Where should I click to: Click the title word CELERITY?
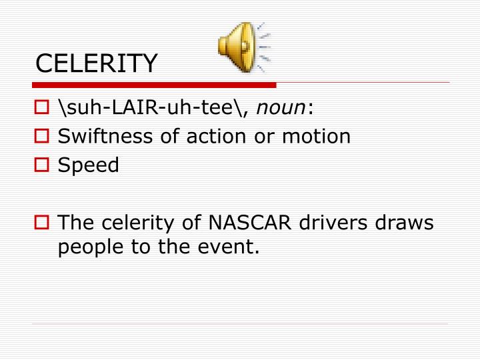[x=97, y=63]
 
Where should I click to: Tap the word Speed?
[x=89, y=165]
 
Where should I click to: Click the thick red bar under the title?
[x=153, y=85]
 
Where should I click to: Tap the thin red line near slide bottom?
[x=240, y=325]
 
